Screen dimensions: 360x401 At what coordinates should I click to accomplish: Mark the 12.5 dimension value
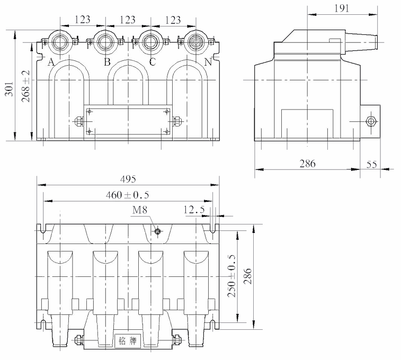(193, 210)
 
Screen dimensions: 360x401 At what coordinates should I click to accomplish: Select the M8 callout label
(140, 210)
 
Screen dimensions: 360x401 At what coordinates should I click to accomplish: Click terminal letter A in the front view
(51, 62)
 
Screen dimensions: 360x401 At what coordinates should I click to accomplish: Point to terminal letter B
(106, 62)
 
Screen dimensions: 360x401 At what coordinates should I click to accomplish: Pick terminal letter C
(153, 62)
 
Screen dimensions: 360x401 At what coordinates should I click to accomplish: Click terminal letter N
(208, 62)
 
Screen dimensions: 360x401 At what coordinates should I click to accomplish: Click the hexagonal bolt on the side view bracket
(371, 121)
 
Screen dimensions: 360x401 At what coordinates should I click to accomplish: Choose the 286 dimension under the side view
(306, 164)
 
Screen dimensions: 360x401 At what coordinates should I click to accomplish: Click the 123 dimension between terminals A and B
(82, 20)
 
